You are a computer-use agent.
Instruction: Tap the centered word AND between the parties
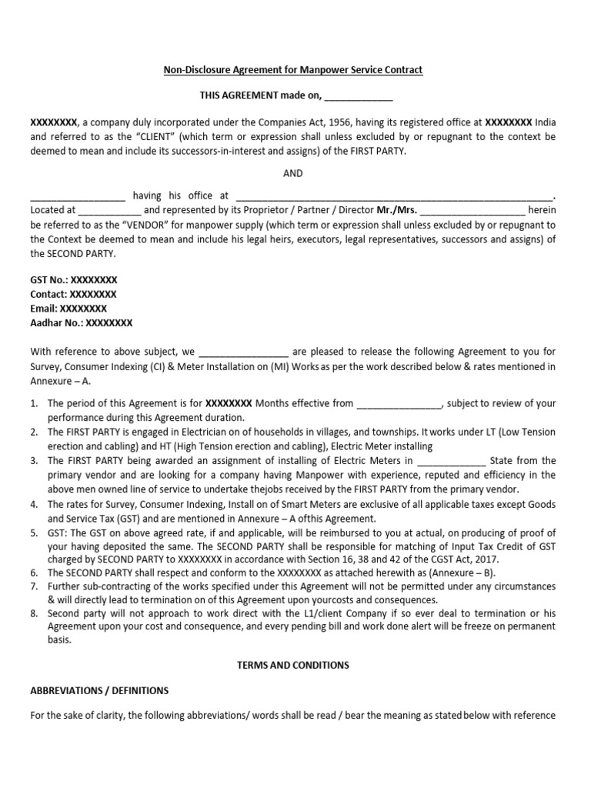(x=293, y=173)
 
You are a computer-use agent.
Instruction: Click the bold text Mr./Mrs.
(x=396, y=210)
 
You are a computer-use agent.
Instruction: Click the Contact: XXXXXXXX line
(x=73, y=294)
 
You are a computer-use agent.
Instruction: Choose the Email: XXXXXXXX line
(x=68, y=309)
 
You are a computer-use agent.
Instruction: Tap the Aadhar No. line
(x=82, y=323)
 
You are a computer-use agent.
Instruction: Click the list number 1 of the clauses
(x=34, y=402)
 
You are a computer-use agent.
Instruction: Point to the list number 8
(x=34, y=614)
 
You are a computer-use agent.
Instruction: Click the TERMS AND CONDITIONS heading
(x=293, y=665)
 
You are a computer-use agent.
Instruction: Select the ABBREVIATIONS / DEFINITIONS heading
(x=99, y=690)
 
